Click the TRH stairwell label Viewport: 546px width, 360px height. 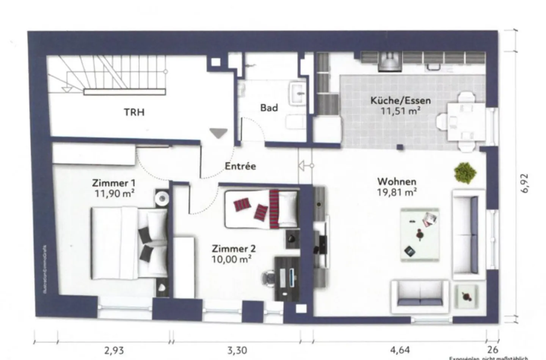(134, 112)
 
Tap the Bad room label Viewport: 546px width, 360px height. (269, 108)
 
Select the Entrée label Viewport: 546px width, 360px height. (240, 166)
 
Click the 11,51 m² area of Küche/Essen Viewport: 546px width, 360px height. (400, 111)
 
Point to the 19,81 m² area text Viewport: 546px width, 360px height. (397, 192)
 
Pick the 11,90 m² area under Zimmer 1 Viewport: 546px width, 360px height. (114, 193)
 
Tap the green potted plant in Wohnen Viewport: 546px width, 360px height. (465, 173)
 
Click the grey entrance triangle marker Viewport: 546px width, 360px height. (219, 133)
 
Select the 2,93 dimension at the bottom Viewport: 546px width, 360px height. (114, 350)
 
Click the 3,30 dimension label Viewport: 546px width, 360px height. (237, 350)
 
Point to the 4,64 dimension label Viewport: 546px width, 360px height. (399, 350)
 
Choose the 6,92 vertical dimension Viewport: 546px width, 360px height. (525, 183)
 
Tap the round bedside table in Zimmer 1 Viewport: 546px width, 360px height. (162, 198)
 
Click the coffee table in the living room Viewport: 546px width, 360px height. (420, 234)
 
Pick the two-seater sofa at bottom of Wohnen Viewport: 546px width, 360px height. (420, 293)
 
